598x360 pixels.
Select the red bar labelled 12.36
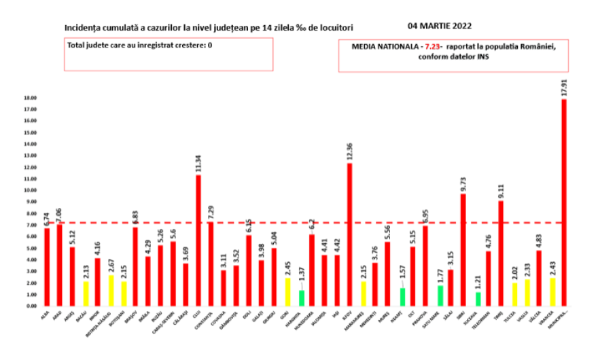tap(350, 234)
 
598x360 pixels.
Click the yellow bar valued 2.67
tap(111, 291)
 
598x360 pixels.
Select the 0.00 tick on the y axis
tap(31, 306)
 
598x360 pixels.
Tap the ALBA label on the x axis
tap(44, 314)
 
